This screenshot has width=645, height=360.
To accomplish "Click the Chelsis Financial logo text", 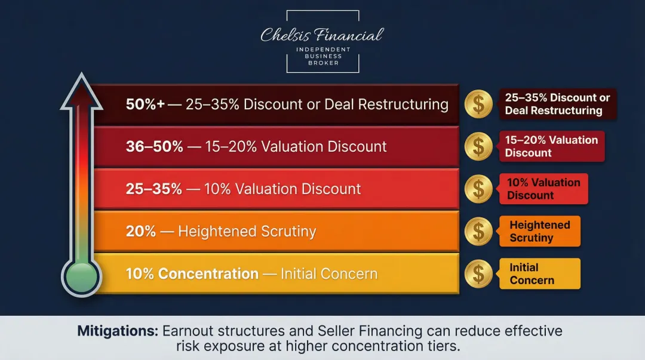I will pyautogui.click(x=322, y=35).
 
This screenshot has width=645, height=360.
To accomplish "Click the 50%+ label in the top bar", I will pyautogui.click(x=145, y=104).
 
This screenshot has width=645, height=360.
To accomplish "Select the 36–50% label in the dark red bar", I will pyautogui.click(x=154, y=147).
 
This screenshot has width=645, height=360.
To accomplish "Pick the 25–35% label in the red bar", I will pyautogui.click(x=153, y=189).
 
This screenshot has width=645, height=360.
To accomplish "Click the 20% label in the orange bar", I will pyautogui.click(x=141, y=232).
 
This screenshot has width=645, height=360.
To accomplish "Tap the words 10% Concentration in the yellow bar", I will pyautogui.click(x=192, y=274).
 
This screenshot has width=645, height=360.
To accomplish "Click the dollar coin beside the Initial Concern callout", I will pyautogui.click(x=478, y=274).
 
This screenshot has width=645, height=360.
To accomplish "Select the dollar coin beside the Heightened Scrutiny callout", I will pyautogui.click(x=478, y=232).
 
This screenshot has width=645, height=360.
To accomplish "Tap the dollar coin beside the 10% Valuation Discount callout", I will pyautogui.click(x=478, y=189).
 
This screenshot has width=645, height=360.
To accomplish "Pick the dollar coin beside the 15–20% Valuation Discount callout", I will pyautogui.click(x=478, y=147).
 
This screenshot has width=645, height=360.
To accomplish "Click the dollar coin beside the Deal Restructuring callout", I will pyautogui.click(x=478, y=104).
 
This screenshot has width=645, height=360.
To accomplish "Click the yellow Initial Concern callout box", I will pyautogui.click(x=540, y=274).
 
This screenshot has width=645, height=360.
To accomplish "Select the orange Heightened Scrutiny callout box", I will pyautogui.click(x=540, y=232).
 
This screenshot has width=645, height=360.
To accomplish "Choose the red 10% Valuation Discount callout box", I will pyautogui.click(x=543, y=189).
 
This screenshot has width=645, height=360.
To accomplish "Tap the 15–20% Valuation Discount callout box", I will pyautogui.click(x=551, y=147).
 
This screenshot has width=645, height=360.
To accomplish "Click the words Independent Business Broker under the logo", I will pyautogui.click(x=322, y=56).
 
